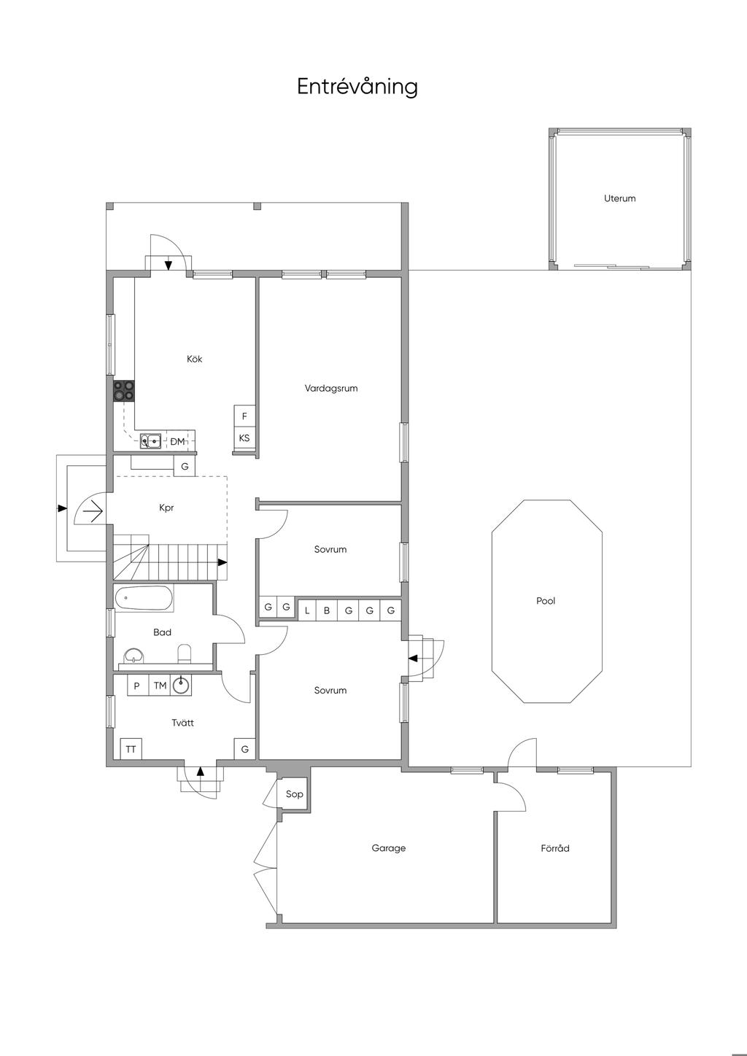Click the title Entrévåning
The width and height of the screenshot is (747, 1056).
(357, 87)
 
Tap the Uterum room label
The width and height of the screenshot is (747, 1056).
(619, 198)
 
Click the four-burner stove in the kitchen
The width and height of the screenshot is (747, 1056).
(124, 391)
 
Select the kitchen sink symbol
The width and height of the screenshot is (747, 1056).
(151, 440)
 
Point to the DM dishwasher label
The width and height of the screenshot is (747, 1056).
(177, 441)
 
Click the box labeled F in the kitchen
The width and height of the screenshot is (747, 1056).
(244, 416)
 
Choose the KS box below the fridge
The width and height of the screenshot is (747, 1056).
(244, 438)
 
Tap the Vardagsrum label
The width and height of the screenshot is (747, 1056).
(331, 389)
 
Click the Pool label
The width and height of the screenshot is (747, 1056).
(546, 601)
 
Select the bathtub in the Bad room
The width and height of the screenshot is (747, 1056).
(144, 599)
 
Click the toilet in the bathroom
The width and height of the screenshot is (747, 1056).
(184, 653)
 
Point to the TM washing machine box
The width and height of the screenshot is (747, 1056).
(160, 686)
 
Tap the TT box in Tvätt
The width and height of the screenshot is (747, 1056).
(131, 749)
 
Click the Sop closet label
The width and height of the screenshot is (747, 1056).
(294, 794)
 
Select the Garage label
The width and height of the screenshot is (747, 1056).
(388, 848)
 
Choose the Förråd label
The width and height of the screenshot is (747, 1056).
(555, 848)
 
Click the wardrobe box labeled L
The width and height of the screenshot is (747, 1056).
(307, 610)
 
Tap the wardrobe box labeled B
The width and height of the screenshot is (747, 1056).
(328, 610)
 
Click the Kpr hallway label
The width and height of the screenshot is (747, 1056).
(166, 508)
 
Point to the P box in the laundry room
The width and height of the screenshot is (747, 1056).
(136, 686)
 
